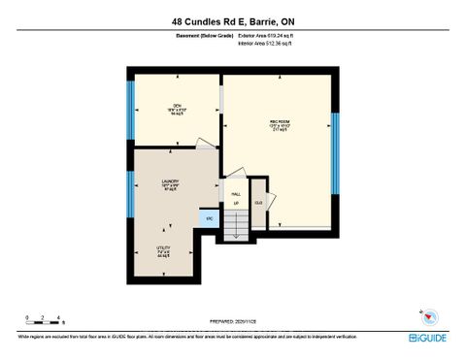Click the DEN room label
pyautogui.click(x=178, y=108)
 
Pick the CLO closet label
pyautogui.click(x=258, y=202)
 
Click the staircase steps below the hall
pyautogui.click(x=237, y=227)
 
